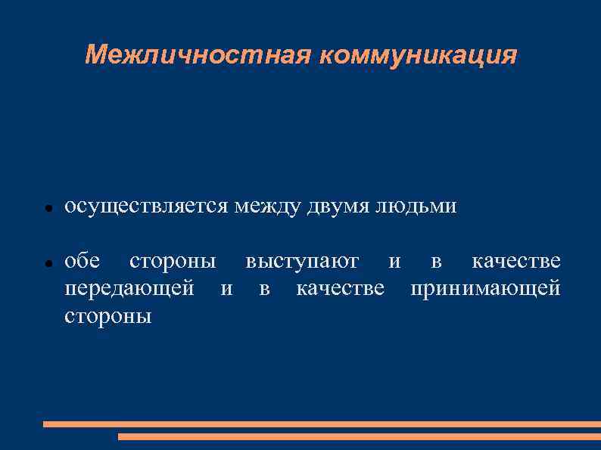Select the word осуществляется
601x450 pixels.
147,206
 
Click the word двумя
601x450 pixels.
338,206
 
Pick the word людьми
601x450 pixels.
416,206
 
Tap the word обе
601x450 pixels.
83,262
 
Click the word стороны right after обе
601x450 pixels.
173,262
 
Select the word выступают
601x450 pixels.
302,262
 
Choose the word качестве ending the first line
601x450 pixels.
516,262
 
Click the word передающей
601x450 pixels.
129,289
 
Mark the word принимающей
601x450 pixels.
485,289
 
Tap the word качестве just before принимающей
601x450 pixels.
340,289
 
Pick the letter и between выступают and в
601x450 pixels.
394,262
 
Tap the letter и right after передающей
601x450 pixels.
226,289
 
